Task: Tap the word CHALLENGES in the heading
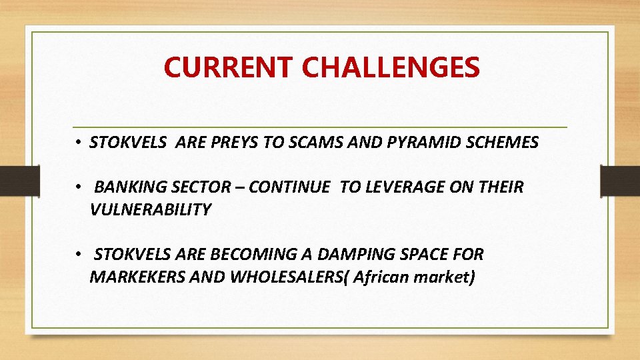pyautogui.click(x=391, y=67)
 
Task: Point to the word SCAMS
pyautogui.click(x=317, y=143)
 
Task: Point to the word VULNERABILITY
pyautogui.click(x=150, y=210)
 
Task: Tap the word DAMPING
pyautogui.click(x=357, y=255)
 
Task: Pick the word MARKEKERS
pyautogui.click(x=137, y=277)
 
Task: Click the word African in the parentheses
pyautogui.click(x=381, y=277)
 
